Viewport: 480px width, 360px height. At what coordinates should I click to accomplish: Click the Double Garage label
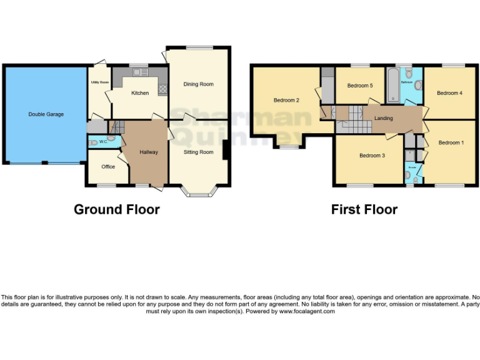click(x=46, y=114)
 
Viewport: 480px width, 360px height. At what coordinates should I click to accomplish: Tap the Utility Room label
click(x=99, y=82)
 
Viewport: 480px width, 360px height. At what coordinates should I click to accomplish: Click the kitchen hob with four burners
click(x=163, y=88)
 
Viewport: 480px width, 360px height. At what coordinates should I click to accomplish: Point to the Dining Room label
click(x=198, y=84)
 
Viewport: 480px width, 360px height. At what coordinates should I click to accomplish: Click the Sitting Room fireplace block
click(x=225, y=150)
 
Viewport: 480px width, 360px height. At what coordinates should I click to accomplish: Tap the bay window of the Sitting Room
click(x=199, y=191)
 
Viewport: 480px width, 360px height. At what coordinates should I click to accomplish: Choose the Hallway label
click(x=148, y=152)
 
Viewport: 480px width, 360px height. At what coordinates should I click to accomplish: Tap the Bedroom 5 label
click(x=359, y=86)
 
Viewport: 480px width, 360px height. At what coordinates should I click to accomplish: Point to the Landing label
click(x=383, y=118)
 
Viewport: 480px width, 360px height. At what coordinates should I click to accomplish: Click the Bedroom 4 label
click(x=449, y=93)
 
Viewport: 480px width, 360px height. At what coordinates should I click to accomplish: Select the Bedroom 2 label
click(x=286, y=100)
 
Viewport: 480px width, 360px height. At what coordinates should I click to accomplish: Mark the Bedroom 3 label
click(x=372, y=156)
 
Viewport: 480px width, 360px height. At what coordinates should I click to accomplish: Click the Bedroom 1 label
click(x=451, y=142)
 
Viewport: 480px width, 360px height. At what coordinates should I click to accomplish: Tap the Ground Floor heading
click(x=116, y=209)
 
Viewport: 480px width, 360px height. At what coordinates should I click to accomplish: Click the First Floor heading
click(x=364, y=209)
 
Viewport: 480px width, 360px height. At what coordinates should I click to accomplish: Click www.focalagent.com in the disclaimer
click(x=307, y=311)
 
